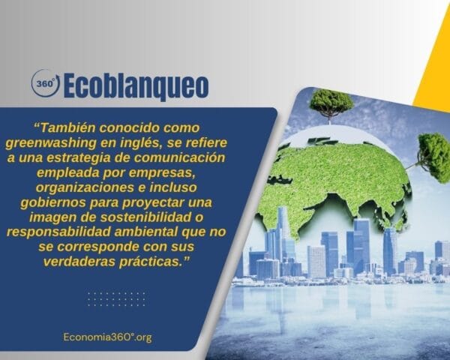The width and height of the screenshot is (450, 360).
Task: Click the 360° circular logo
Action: coord(45,83)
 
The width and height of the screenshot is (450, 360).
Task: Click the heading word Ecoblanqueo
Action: coord(136,84)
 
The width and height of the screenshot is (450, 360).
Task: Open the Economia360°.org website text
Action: coord(108,337)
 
